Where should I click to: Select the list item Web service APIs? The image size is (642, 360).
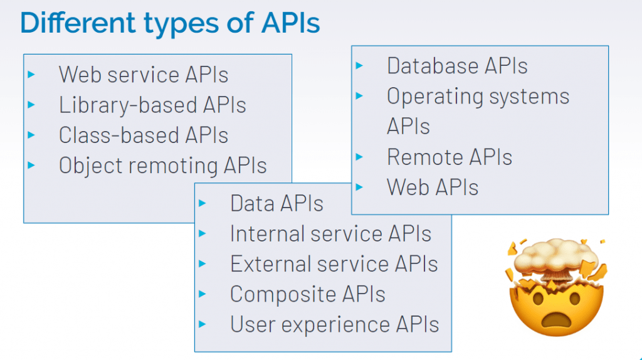(x=144, y=75)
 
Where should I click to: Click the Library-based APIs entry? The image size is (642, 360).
(x=152, y=105)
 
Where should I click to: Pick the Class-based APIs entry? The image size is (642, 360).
(x=144, y=135)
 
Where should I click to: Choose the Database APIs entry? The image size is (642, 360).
(x=457, y=66)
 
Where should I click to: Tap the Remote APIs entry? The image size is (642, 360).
(x=450, y=157)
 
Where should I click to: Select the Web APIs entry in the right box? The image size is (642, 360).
(x=433, y=187)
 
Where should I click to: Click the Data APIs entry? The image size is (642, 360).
(x=276, y=203)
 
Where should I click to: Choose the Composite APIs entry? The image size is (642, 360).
(x=307, y=294)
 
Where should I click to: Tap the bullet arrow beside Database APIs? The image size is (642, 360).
(x=359, y=65)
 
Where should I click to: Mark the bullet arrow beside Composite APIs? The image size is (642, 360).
(x=203, y=294)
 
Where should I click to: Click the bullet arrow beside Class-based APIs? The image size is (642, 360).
(x=31, y=135)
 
